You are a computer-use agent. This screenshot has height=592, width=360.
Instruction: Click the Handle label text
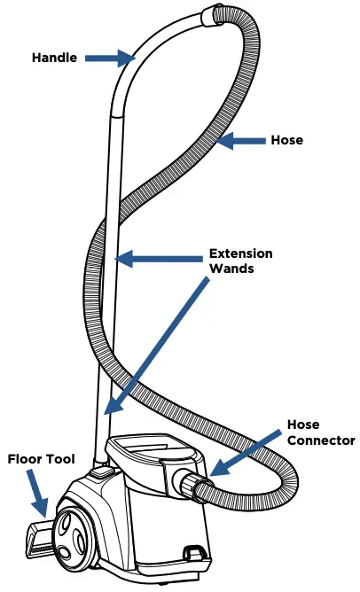coord(54,58)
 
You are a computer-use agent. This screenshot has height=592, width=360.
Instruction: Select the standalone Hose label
coord(286,140)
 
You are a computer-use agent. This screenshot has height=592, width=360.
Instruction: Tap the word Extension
coord(240,253)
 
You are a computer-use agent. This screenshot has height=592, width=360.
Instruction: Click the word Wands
coord(231,269)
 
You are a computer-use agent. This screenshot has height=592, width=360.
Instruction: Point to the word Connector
coord(321,440)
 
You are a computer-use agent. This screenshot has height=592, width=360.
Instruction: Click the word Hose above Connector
coord(303,425)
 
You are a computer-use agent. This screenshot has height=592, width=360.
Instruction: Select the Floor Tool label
coord(41,459)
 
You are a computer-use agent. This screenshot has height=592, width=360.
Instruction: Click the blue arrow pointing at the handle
coord(109,58)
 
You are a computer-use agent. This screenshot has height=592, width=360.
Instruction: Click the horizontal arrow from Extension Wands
coord(159,259)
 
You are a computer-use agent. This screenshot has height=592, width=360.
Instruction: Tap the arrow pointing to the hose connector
coord(246,452)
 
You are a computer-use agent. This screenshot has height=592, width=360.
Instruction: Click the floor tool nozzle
coord(40,536)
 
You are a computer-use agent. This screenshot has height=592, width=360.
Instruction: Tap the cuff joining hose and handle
coord(209,15)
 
